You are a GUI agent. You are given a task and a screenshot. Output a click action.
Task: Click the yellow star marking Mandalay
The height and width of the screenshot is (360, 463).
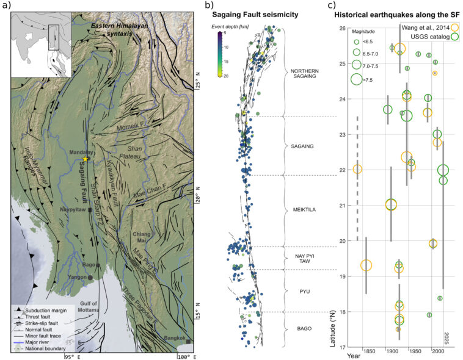[x=86, y=159]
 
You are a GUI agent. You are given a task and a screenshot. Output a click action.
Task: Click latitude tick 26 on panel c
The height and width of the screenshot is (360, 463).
[x=343, y=28]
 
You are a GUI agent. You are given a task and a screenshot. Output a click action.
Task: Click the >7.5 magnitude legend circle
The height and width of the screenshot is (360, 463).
[x=357, y=78]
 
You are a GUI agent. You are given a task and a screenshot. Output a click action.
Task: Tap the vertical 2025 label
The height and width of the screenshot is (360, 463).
[x=447, y=338]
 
